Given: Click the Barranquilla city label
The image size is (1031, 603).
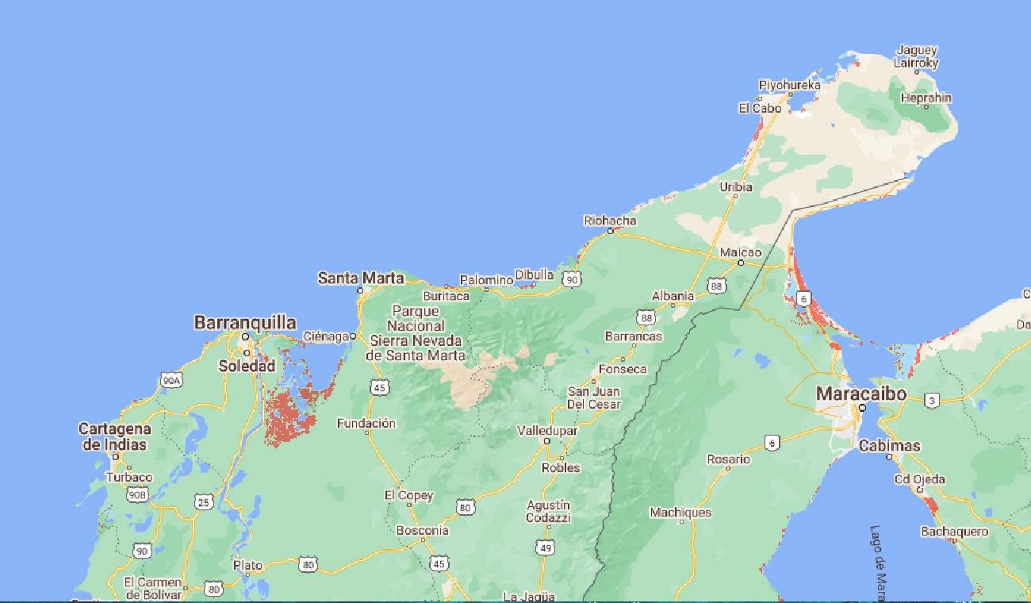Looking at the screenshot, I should tap(245, 323).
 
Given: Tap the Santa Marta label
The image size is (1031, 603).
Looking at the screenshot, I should tap(361, 278).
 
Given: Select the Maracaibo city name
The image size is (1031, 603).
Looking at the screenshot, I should tap(861, 394).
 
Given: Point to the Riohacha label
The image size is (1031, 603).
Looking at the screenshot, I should tap(610, 221).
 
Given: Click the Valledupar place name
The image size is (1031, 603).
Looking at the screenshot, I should tap(546, 430).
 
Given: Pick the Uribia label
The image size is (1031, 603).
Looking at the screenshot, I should tap(735, 187).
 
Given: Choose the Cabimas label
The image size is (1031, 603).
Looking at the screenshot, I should tap(890, 446).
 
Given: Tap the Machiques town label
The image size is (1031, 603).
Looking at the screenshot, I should tap(680, 513).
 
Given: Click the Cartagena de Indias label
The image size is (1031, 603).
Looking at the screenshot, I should tap(114, 436).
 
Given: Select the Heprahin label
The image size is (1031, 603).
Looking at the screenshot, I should tap(926, 98).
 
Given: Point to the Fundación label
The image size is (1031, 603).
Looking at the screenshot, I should tap(366, 424).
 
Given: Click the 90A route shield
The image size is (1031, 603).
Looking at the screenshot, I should tap(171, 381).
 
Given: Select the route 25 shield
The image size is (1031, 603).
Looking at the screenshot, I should tap(205, 501).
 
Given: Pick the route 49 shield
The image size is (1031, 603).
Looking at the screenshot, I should tap(545, 547).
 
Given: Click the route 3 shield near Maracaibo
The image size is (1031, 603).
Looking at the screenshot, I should tap(933, 401).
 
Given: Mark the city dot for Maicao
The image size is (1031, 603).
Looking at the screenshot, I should tap(741, 263).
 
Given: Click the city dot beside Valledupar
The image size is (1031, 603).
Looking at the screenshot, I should tap(546, 440).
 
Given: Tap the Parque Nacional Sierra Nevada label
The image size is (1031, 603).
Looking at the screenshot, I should tap(418, 333).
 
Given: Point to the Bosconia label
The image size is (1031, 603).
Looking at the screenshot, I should tap(423, 531).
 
